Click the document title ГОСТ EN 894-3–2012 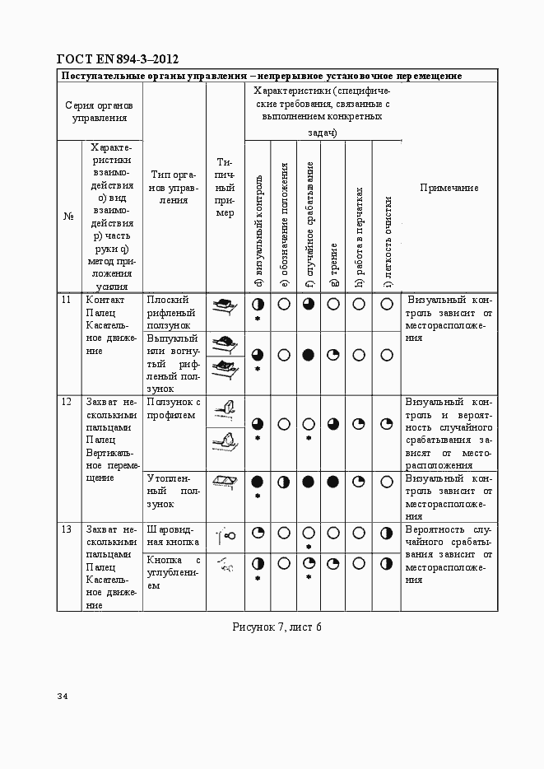pyautogui.click(x=117, y=58)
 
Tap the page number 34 pyautogui.click(x=63, y=697)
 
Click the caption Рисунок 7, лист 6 pyautogui.click(x=277, y=627)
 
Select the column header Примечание pyautogui.click(x=449, y=189)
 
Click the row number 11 pyautogui.click(x=66, y=300)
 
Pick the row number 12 pyautogui.click(x=66, y=402)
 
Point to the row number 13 pyautogui.click(x=66, y=529)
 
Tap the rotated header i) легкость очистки pyautogui.click(x=387, y=243)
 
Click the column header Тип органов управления pyautogui.click(x=174, y=187)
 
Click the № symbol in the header pyautogui.click(x=68, y=217)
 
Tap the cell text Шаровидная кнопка pyautogui.click(x=173, y=536)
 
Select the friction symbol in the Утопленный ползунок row pyautogui.click(x=333, y=481)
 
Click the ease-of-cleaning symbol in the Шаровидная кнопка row pyautogui.click(x=386, y=534)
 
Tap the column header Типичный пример pyautogui.click(x=225, y=187)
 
